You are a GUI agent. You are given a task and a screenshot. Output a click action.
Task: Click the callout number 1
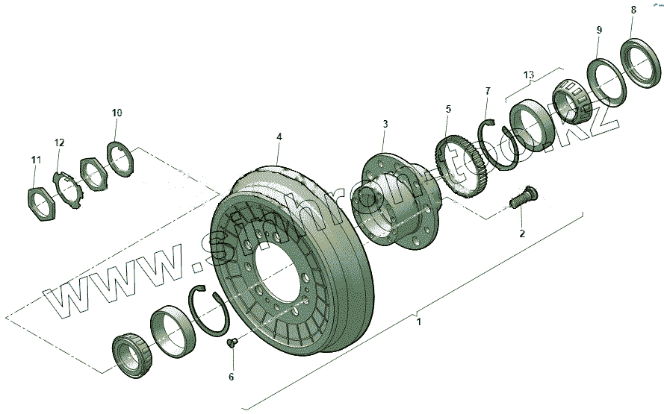(419, 322)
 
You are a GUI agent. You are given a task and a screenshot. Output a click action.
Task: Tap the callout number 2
(522, 233)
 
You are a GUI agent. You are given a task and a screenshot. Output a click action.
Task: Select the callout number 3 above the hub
(385, 124)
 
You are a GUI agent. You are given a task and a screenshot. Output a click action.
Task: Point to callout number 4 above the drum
(279, 137)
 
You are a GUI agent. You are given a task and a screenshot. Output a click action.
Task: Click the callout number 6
(232, 377)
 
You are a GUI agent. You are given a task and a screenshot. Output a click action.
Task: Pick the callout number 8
(633, 10)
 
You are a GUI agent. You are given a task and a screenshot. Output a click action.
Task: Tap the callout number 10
(117, 113)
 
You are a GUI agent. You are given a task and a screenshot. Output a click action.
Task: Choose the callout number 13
(529, 75)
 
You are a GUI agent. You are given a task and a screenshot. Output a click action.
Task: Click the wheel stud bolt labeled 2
(523, 197)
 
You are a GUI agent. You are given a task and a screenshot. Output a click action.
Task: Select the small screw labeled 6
(232, 343)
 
